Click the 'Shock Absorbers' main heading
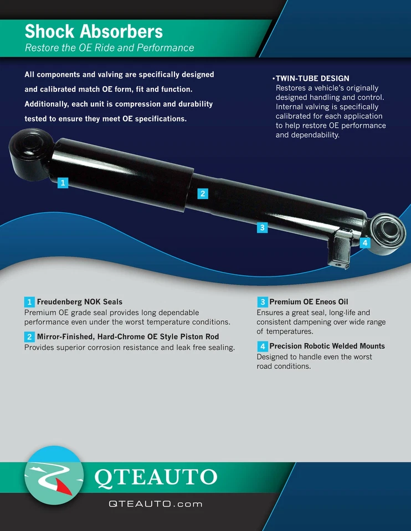pos(94,31)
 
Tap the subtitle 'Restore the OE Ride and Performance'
pos(109,48)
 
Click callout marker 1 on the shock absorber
pos(63,183)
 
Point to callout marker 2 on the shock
pos(203,194)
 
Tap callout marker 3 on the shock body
pos(262,227)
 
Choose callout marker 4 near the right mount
pos(364,242)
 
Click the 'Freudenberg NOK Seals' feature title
pos(80,302)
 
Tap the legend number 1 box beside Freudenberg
pos(29,302)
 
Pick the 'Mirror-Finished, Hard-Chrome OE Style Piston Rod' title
pos(127,336)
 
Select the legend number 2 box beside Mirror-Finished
pos(29,336)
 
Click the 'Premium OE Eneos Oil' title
pos(308,302)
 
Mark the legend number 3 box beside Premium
pos(262,302)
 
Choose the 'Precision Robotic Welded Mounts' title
pos(327,346)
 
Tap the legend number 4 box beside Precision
pos(262,346)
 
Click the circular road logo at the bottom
pos(54,475)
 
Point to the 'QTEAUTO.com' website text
pos(156,504)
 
